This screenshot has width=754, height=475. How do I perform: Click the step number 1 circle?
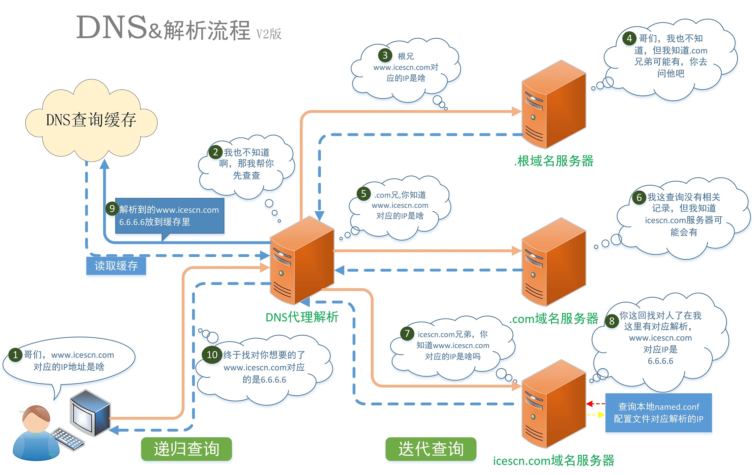(x=15, y=355)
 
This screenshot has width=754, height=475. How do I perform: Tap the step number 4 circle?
(x=629, y=38)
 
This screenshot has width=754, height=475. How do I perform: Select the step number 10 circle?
(x=212, y=355)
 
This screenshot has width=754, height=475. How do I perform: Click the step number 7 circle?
(x=407, y=334)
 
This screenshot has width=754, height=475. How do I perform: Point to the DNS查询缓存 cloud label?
(x=91, y=120)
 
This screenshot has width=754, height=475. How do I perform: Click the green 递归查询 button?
(x=187, y=449)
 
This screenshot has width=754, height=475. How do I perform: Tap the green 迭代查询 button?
(x=431, y=449)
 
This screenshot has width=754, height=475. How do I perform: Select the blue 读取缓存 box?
(x=116, y=266)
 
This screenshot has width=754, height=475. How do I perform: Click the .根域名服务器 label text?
(x=554, y=161)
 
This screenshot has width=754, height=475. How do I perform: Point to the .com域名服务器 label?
(x=554, y=319)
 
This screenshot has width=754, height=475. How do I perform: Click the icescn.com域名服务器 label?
(x=554, y=460)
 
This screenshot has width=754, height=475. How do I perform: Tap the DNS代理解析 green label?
(x=302, y=317)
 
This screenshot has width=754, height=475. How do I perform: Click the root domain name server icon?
(x=554, y=105)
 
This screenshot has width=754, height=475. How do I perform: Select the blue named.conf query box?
(x=658, y=413)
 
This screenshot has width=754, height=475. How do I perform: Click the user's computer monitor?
(x=90, y=413)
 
